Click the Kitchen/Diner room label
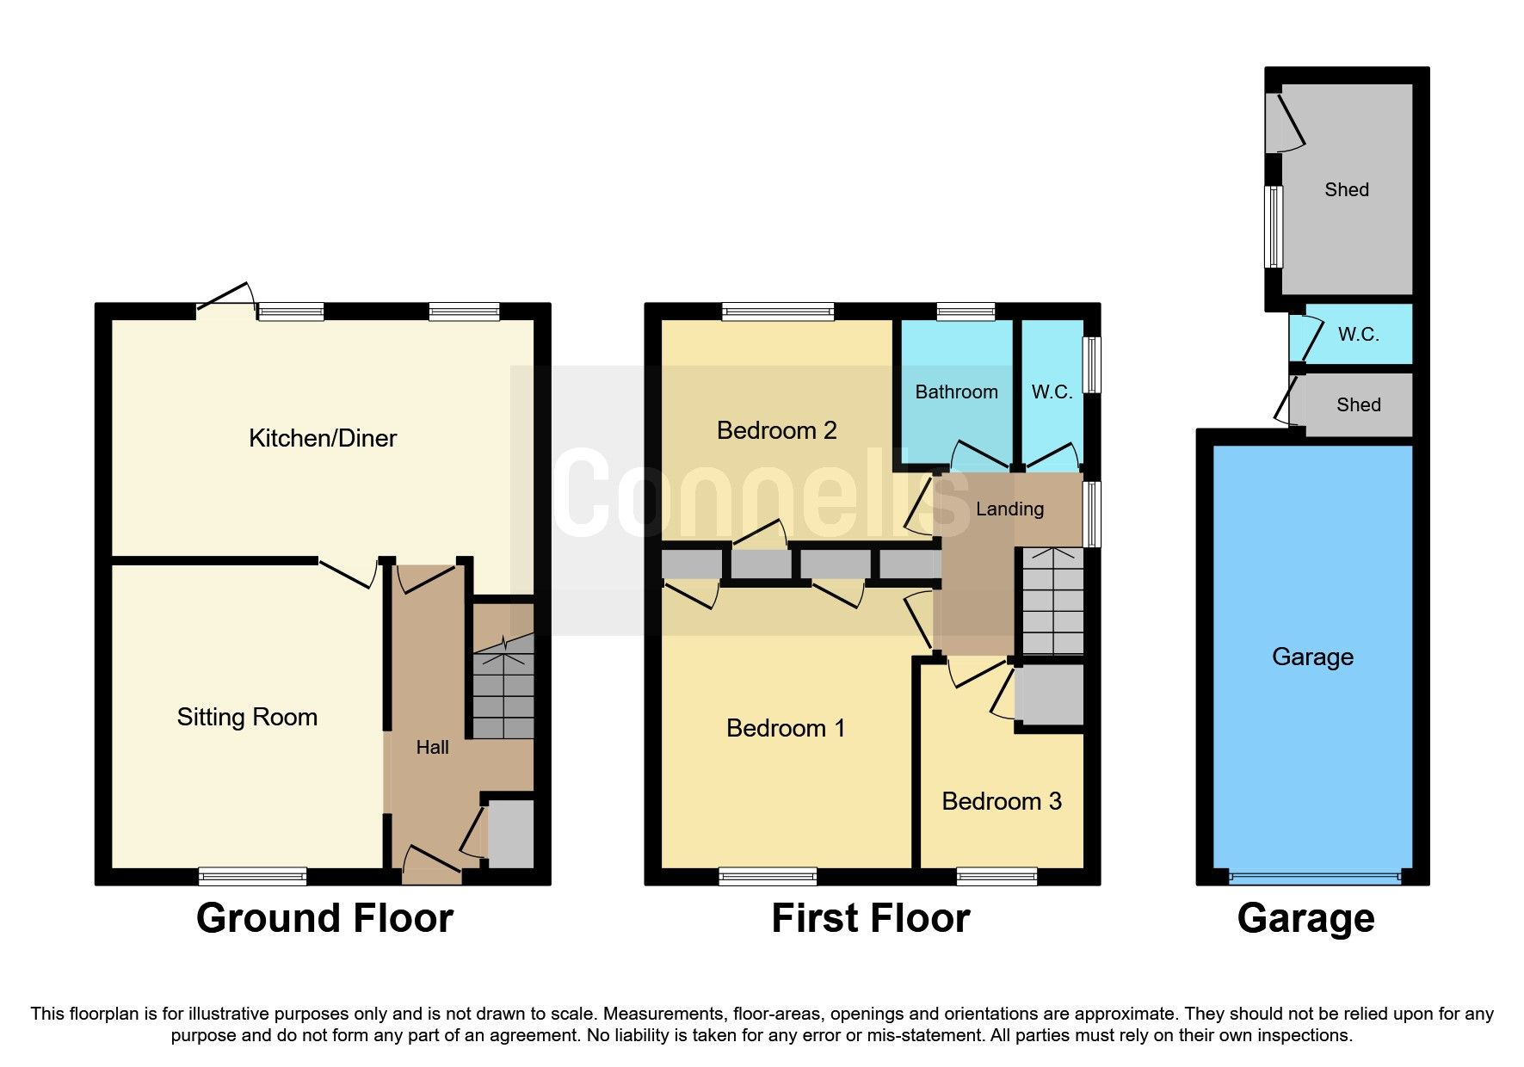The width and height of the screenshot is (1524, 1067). pyautogui.click(x=323, y=438)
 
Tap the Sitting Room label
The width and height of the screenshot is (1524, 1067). pyautogui.click(x=247, y=717)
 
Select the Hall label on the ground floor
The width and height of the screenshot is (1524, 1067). pyautogui.click(x=432, y=747)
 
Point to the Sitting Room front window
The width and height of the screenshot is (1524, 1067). pyautogui.click(x=252, y=876)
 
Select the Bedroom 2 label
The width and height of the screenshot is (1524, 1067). pyautogui.click(x=776, y=430)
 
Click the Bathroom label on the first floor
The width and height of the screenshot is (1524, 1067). pyautogui.click(x=956, y=392)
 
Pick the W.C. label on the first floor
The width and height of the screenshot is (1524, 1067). pyautogui.click(x=1052, y=392)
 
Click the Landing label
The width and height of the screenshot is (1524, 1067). pyautogui.click(x=1009, y=509)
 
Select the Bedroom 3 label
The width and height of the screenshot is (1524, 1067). pyautogui.click(x=1002, y=801)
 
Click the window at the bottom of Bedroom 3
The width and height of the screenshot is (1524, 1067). pyautogui.click(x=996, y=876)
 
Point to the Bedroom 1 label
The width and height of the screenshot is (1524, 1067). pyautogui.click(x=785, y=728)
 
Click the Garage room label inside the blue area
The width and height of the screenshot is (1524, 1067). pyautogui.click(x=1312, y=657)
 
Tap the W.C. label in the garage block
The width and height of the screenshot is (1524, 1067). pyautogui.click(x=1358, y=335)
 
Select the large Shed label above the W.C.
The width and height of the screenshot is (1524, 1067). pyautogui.click(x=1346, y=189)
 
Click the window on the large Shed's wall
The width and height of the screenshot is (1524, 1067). pyautogui.click(x=1274, y=226)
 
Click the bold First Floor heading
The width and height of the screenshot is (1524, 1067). pyautogui.click(x=870, y=918)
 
